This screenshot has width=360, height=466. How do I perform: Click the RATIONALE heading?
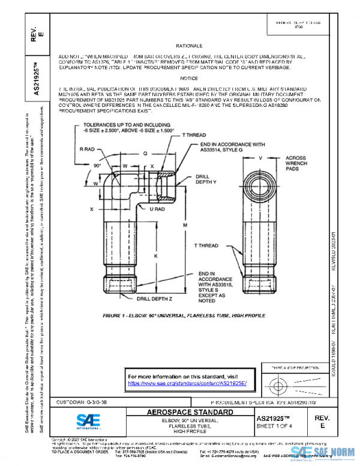(189, 46)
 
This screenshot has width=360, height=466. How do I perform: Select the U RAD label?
(157, 209)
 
